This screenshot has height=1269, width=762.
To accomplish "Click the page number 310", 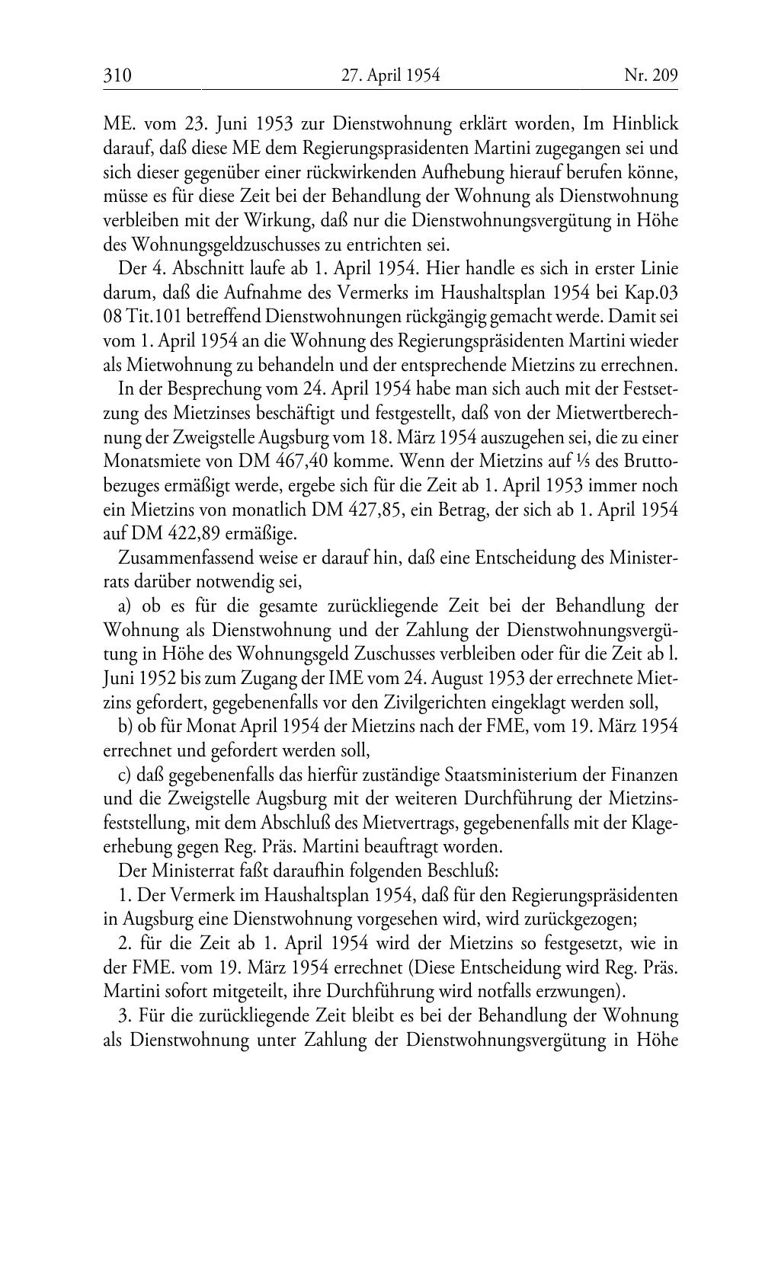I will tap(117, 75).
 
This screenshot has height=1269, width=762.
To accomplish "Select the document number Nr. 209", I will tap(650, 75).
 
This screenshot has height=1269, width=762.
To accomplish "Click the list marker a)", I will tap(127, 606).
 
